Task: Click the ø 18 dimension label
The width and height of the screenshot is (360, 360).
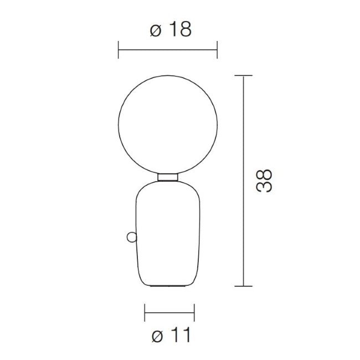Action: click(171, 30)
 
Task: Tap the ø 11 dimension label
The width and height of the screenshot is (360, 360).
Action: click(171, 335)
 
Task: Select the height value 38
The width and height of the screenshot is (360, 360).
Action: click(265, 181)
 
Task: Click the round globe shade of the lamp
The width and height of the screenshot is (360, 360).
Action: click(168, 123)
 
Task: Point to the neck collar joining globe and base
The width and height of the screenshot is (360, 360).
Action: click(168, 177)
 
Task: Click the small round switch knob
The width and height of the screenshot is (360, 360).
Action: click(131, 237)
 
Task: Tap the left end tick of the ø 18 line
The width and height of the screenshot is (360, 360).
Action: click(119, 49)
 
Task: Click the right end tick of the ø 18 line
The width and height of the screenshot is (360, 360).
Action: click(217, 49)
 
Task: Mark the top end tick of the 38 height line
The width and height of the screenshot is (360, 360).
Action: click(244, 74)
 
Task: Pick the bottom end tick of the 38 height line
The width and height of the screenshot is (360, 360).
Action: click(244, 286)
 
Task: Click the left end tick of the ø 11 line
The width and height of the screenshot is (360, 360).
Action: click(145, 312)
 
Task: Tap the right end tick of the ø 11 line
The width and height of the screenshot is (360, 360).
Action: click(194, 312)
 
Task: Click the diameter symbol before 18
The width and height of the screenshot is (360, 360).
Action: click(156, 30)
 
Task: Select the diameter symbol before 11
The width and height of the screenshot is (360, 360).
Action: click(157, 336)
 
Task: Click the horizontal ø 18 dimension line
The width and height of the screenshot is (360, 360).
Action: click(168, 49)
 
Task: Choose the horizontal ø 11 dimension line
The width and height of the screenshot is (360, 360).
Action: click(169, 312)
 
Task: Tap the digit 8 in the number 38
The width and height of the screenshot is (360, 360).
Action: click(265, 173)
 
